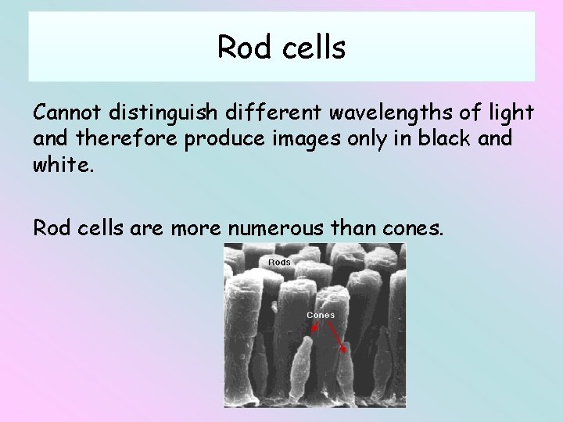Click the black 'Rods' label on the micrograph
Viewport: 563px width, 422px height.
pos(279,262)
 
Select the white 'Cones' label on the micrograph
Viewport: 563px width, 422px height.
pos(321,315)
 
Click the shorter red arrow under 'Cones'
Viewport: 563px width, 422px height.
pos(310,328)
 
